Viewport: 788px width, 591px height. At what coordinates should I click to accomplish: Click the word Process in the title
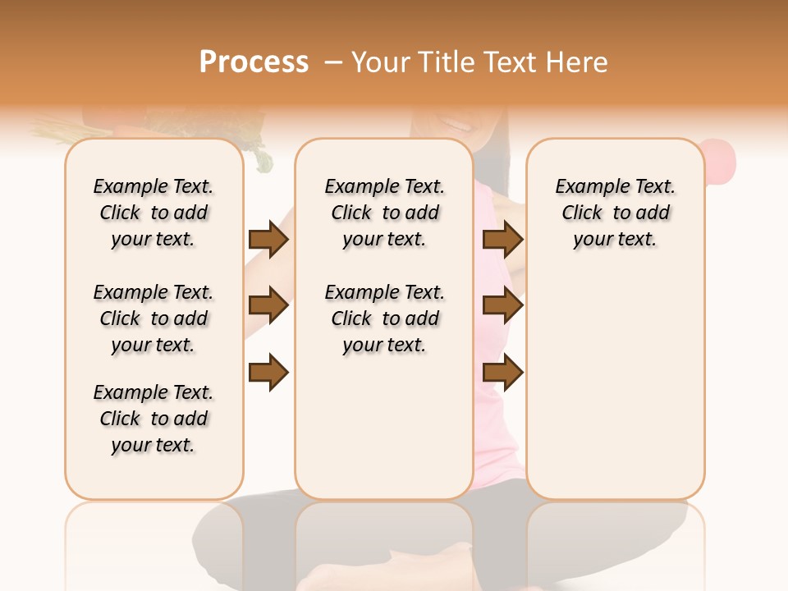tap(254, 62)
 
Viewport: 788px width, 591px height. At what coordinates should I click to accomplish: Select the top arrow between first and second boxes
tap(268, 239)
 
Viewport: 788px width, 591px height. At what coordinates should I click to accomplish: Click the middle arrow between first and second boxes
tap(268, 306)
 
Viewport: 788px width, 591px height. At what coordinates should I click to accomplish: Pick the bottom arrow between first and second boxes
tap(268, 373)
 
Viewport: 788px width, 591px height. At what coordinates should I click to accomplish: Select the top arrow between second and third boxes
tap(502, 239)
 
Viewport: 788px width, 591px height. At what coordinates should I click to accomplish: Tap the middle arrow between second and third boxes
tap(502, 306)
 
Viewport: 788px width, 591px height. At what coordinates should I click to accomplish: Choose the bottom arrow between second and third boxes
tap(502, 373)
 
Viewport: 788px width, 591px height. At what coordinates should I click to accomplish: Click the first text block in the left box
tap(153, 213)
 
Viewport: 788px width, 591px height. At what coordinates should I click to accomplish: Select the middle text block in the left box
tap(153, 318)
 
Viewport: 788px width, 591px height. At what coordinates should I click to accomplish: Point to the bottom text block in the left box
tap(153, 419)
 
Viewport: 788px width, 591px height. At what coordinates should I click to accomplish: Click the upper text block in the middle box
tap(384, 213)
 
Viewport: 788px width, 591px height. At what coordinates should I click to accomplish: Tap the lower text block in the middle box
tap(384, 318)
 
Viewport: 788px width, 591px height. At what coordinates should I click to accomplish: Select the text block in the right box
tap(615, 213)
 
